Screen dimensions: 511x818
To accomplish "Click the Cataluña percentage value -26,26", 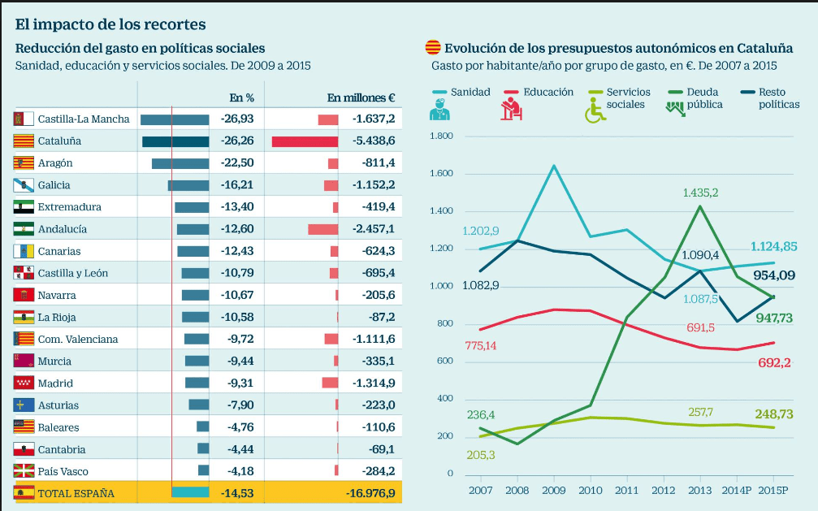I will pos(237,141).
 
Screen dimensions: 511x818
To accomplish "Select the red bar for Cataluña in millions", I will pos(305,141).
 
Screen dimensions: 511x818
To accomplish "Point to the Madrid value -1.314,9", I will pos(374,383).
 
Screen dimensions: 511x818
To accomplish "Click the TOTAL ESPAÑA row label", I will pos(76,493).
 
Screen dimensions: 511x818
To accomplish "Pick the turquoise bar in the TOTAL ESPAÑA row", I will pos(190,492).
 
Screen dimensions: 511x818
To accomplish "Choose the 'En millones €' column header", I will pos(361,97).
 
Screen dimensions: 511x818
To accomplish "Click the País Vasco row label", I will pos(63,472).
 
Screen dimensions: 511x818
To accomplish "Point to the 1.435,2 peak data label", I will pos(700,193).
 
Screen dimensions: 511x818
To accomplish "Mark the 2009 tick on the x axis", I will pos(554,490).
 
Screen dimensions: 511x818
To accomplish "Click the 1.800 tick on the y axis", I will pos(441,136).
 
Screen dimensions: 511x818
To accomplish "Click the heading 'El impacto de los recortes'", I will pos(110,25).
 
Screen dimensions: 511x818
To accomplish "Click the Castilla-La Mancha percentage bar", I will pos(175,119).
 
